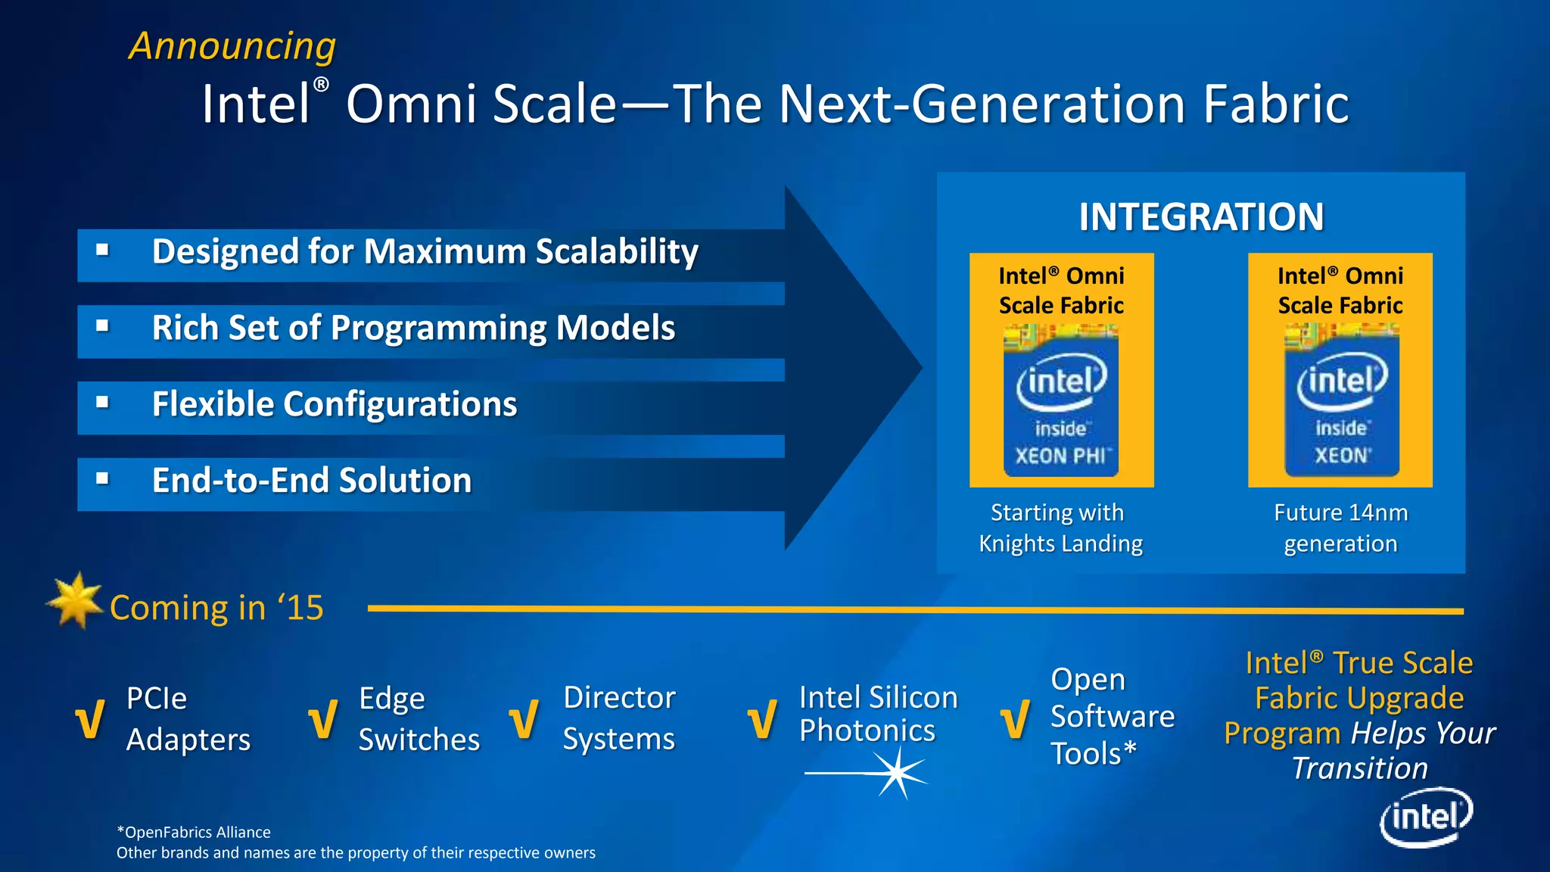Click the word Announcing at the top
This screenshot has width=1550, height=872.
tap(232, 46)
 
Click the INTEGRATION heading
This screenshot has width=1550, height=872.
tap(1201, 217)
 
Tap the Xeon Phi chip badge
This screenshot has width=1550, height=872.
tap(1061, 401)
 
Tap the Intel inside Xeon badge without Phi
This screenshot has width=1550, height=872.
tap(1341, 401)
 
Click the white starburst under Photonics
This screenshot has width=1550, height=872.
tap(898, 773)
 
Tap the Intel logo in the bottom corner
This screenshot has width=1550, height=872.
tap(1426, 817)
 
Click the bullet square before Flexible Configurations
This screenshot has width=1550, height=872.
tap(103, 402)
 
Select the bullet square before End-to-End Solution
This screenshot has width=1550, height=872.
tap(103, 478)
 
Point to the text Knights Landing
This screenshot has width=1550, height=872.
tap(1060, 543)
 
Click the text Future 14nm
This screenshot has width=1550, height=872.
tap(1340, 512)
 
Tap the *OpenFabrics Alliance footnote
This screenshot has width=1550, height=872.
tap(194, 832)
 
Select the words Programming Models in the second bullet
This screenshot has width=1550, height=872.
tap(503, 329)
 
